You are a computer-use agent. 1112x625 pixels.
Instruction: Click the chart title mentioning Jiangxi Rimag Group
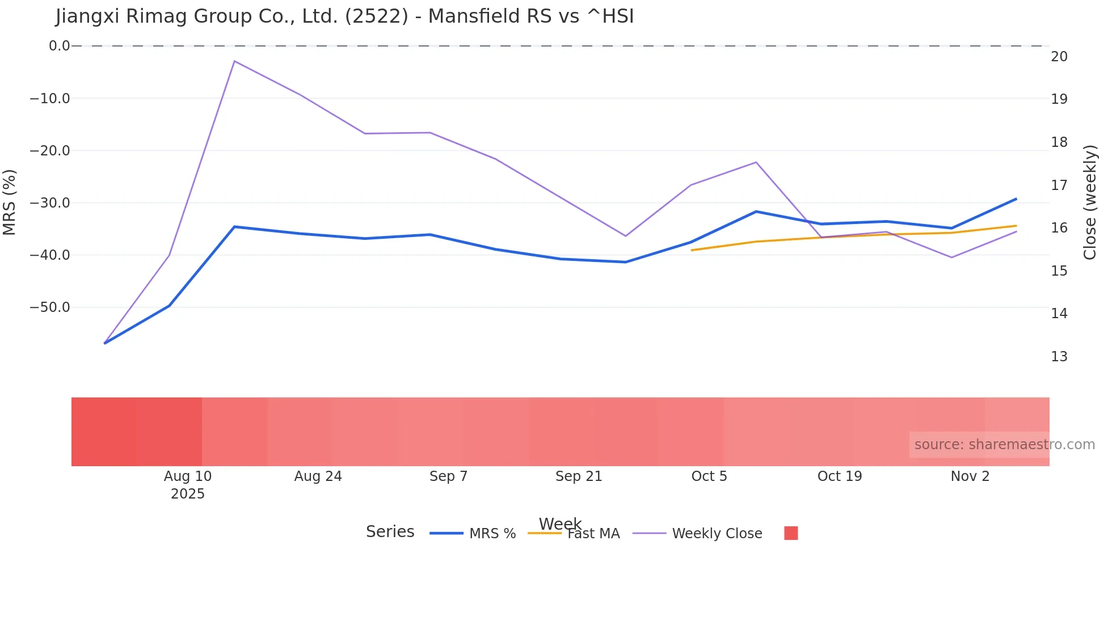pos(344,16)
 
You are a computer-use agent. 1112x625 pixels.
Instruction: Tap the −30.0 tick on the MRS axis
pos(50,203)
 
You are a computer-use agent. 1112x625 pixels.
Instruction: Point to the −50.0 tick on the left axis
pos(50,307)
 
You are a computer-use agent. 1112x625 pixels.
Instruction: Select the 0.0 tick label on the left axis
pos(59,46)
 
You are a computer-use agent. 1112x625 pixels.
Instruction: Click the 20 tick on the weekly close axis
pos(1059,57)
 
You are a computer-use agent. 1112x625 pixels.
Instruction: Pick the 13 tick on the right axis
pos(1059,357)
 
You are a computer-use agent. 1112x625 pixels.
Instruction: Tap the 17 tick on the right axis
pos(1059,185)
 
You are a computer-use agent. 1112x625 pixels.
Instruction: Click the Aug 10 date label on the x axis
pos(188,476)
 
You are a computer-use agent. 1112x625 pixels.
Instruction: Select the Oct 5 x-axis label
pos(709,476)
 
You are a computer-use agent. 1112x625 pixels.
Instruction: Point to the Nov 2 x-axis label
pos(970,476)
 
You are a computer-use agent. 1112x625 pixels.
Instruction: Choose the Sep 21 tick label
pos(579,476)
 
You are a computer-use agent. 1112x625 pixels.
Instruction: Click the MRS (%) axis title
pos(10,202)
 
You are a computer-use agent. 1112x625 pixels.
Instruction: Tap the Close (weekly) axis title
pos(1090,202)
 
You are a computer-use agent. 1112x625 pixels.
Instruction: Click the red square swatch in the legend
pos(791,533)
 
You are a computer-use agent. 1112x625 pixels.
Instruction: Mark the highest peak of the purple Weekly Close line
pos(234,61)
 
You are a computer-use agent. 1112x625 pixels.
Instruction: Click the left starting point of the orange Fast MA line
pos(692,250)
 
